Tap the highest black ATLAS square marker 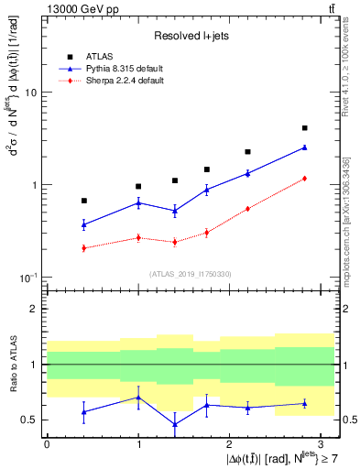[x=304, y=128]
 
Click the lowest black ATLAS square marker [x=83, y=201]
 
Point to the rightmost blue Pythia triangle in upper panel [x=304, y=147]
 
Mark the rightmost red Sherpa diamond [x=304, y=179]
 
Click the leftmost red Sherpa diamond [x=83, y=248]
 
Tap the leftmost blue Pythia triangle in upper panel [x=83, y=224]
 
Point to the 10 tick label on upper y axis [x=30, y=93]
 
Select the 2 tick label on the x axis [x=230, y=442]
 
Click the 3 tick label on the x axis [x=322, y=442]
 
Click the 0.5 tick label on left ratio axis [x=30, y=420]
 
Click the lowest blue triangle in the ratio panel [x=175, y=424]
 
